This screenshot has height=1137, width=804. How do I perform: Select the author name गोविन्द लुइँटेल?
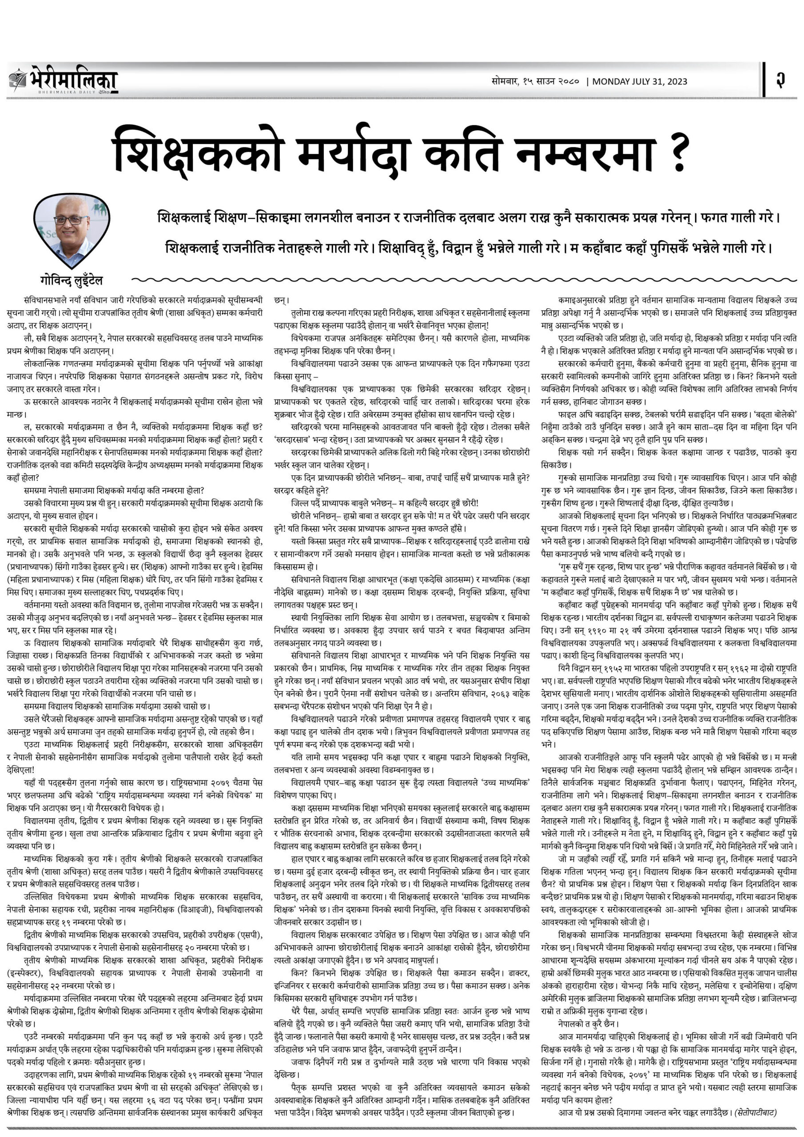(72, 281)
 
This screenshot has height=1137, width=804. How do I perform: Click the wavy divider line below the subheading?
(446, 280)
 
